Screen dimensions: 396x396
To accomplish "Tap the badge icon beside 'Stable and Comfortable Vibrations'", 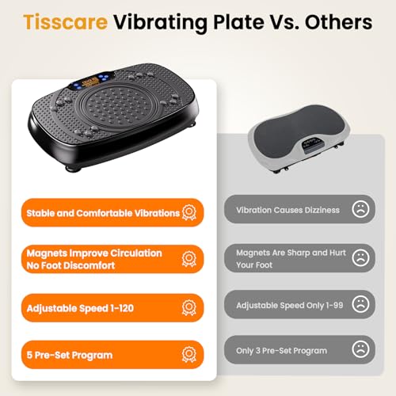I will [189, 212].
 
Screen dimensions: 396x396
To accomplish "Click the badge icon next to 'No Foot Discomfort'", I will [189, 259].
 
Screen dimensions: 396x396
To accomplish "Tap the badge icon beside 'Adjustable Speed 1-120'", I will [189, 307].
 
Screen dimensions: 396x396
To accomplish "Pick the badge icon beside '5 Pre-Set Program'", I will [189, 354].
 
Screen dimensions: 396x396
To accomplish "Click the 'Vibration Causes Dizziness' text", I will [287, 210].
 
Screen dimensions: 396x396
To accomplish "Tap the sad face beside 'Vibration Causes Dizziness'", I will [360, 210].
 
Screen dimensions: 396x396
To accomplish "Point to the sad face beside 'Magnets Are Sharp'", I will [360, 257].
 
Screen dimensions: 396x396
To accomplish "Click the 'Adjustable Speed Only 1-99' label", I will [291, 304].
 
